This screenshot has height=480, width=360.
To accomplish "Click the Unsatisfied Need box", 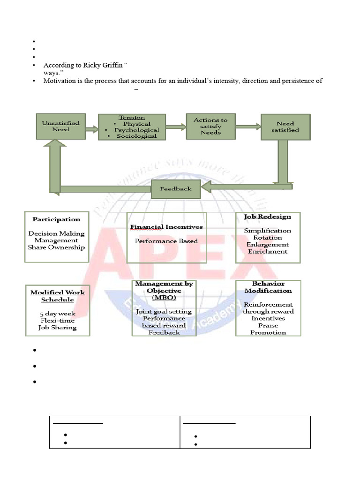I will pyautogui.click(x=61, y=126).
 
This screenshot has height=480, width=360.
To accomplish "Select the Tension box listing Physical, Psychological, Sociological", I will pyautogui.click(x=132, y=127).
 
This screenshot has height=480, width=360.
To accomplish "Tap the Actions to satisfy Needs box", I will pyautogui.click(x=210, y=126).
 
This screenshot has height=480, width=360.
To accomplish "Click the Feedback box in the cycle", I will pyautogui.click(x=176, y=189).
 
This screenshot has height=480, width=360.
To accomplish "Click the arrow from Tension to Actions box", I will pyautogui.click(x=175, y=127).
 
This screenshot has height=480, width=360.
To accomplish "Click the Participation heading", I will pyautogui.click(x=56, y=219).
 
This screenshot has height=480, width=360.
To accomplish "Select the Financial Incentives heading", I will pyautogui.click(x=166, y=227).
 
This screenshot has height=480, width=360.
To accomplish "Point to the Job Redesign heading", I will pyautogui.click(x=268, y=217).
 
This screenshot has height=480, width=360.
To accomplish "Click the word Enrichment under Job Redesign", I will pyautogui.click(x=268, y=251).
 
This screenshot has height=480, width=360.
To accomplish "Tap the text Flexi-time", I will pyautogui.click(x=57, y=321).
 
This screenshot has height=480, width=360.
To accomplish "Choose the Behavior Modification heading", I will pyautogui.click(x=268, y=287).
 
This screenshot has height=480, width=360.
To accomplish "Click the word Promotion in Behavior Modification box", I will pyautogui.click(x=268, y=332).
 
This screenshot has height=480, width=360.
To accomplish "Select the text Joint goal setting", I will pyautogui.click(x=164, y=311).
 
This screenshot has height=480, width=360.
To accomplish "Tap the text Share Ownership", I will pyautogui.click(x=56, y=247).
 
